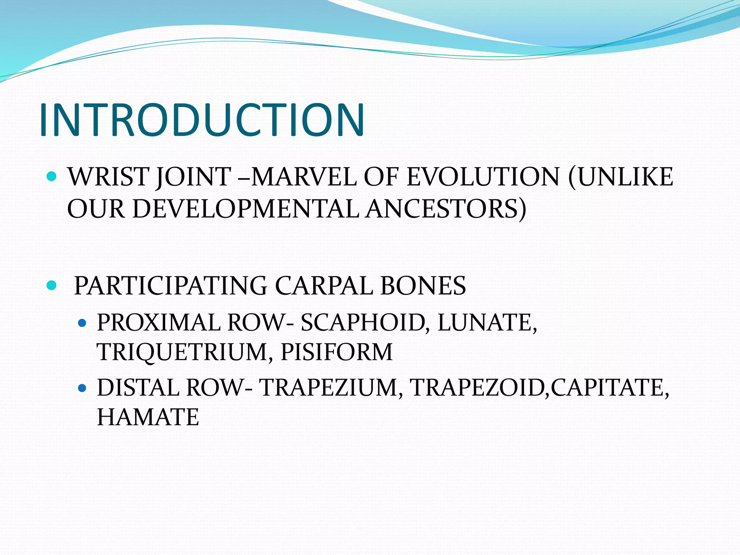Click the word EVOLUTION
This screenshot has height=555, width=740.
[483, 177]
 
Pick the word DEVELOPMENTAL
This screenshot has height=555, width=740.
[246, 209]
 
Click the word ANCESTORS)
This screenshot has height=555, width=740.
[446, 209]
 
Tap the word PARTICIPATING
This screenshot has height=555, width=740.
[171, 286]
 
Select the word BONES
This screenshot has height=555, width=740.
[423, 286]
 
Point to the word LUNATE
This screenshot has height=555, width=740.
[486, 322]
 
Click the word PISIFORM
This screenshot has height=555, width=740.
[336, 352]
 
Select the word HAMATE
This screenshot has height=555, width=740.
[148, 417]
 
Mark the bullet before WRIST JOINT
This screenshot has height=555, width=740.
[52, 177]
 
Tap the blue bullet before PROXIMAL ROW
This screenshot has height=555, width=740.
[82, 323]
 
